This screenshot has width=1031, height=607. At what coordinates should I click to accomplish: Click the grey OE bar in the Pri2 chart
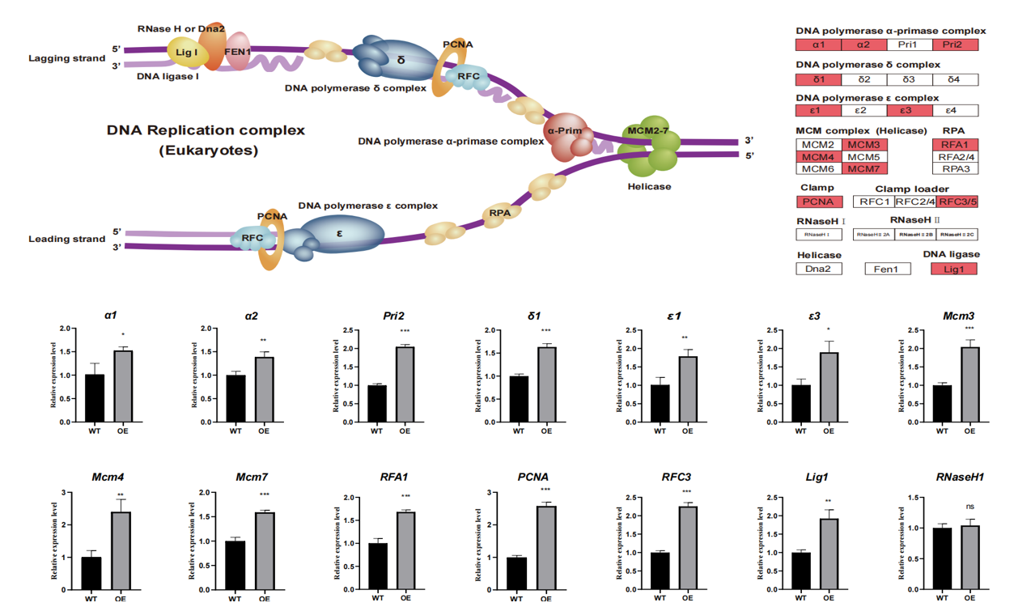tap(405, 384)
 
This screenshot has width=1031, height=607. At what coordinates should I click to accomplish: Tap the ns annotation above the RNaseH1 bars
tap(970, 507)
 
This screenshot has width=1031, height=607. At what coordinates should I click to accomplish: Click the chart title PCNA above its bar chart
tap(533, 478)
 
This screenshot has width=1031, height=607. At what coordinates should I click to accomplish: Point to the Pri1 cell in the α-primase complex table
tap(909, 45)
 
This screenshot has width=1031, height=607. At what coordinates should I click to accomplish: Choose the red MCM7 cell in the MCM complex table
tap(864, 168)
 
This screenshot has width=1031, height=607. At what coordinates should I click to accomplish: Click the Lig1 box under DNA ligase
tap(954, 269)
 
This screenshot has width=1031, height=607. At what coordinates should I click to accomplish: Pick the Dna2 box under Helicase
tap(819, 269)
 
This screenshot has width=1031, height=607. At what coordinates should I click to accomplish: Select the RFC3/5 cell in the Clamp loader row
tap(957, 202)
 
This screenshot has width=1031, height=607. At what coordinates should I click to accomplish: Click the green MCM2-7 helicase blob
tap(652, 146)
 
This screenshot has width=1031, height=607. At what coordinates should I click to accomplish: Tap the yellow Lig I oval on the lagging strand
tap(188, 53)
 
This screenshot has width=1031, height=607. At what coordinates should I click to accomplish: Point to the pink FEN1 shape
tap(238, 52)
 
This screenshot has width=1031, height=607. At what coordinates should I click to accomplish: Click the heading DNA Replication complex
tap(206, 129)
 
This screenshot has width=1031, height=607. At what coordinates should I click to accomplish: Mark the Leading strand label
tap(67, 239)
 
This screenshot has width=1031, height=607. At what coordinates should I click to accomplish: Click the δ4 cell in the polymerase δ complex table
tap(955, 79)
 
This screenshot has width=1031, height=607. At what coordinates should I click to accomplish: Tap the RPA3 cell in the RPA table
tap(955, 168)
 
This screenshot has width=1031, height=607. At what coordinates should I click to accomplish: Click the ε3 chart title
tap(814, 316)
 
